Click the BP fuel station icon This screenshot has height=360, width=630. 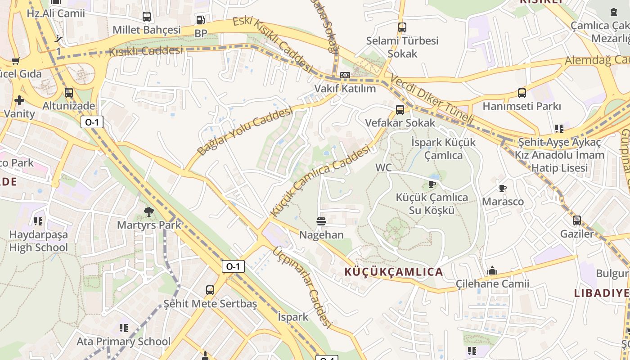click(201, 20)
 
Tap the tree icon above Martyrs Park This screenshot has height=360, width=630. click(148, 211)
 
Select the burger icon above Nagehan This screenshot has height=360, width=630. click(321, 221)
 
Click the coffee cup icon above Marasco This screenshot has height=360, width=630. click(503, 188)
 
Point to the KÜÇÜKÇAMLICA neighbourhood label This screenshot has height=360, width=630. click(394, 272)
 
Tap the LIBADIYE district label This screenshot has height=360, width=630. click(601, 293)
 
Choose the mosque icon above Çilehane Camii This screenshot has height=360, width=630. click(492, 270)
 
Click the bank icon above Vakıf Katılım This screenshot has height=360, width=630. click(345, 75)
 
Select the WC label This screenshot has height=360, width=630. click(384, 168)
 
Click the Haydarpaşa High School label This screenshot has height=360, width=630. click(39, 241)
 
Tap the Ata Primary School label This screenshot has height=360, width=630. click(123, 342)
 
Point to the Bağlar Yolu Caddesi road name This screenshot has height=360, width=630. click(245, 130)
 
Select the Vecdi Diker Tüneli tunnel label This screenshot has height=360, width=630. click(432, 99)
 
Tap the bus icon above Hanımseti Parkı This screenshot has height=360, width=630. click(522, 93)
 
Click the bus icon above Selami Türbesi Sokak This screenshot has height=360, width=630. click(402, 27)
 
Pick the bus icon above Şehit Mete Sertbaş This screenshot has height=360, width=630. click(210, 290)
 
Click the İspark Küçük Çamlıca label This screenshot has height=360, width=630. click(443, 148)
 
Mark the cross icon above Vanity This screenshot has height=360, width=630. click(19, 100)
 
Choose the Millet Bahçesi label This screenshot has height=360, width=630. click(146, 30)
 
